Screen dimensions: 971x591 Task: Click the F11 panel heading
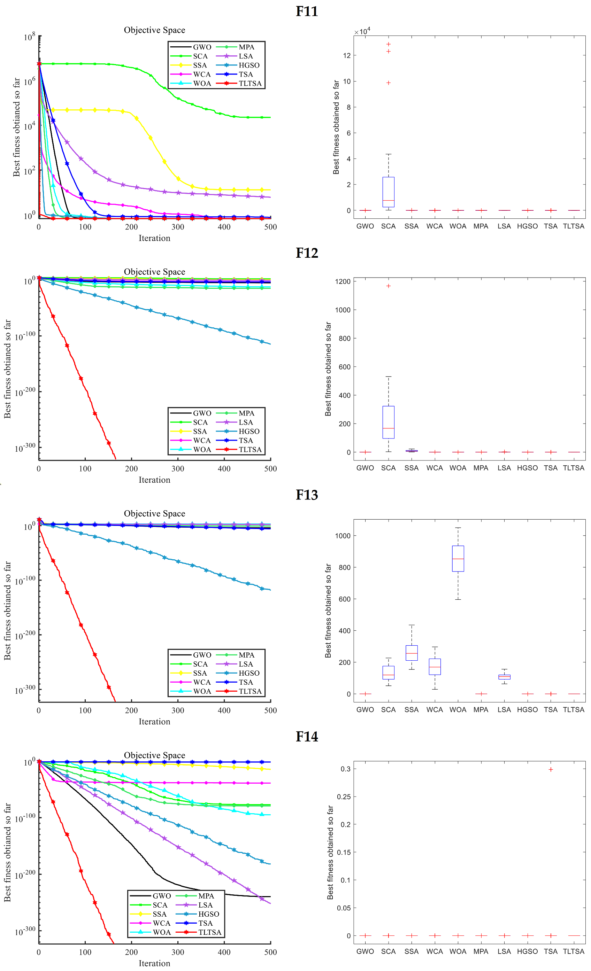click(307, 11)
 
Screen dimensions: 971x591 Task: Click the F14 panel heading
click(307, 737)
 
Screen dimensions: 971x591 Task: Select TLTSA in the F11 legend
click(250, 84)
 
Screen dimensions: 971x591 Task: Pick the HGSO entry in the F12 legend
click(249, 431)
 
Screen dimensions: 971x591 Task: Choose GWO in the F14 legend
click(162, 896)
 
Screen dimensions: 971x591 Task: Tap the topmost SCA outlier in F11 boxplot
click(388, 44)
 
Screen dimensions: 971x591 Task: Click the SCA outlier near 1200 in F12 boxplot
click(388, 286)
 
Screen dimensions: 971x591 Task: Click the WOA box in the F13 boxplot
click(458, 558)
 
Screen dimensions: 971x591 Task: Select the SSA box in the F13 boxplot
click(412, 653)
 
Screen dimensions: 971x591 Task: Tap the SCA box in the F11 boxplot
click(388, 192)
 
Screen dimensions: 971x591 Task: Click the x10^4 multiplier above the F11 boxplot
click(362, 31)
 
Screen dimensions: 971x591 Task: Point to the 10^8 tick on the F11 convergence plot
click(29, 37)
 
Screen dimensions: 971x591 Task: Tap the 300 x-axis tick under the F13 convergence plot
click(178, 710)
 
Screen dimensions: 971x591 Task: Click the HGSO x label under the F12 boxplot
click(527, 468)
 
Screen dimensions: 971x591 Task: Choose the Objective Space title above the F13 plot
click(155, 513)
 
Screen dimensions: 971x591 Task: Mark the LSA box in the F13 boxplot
click(504, 677)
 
